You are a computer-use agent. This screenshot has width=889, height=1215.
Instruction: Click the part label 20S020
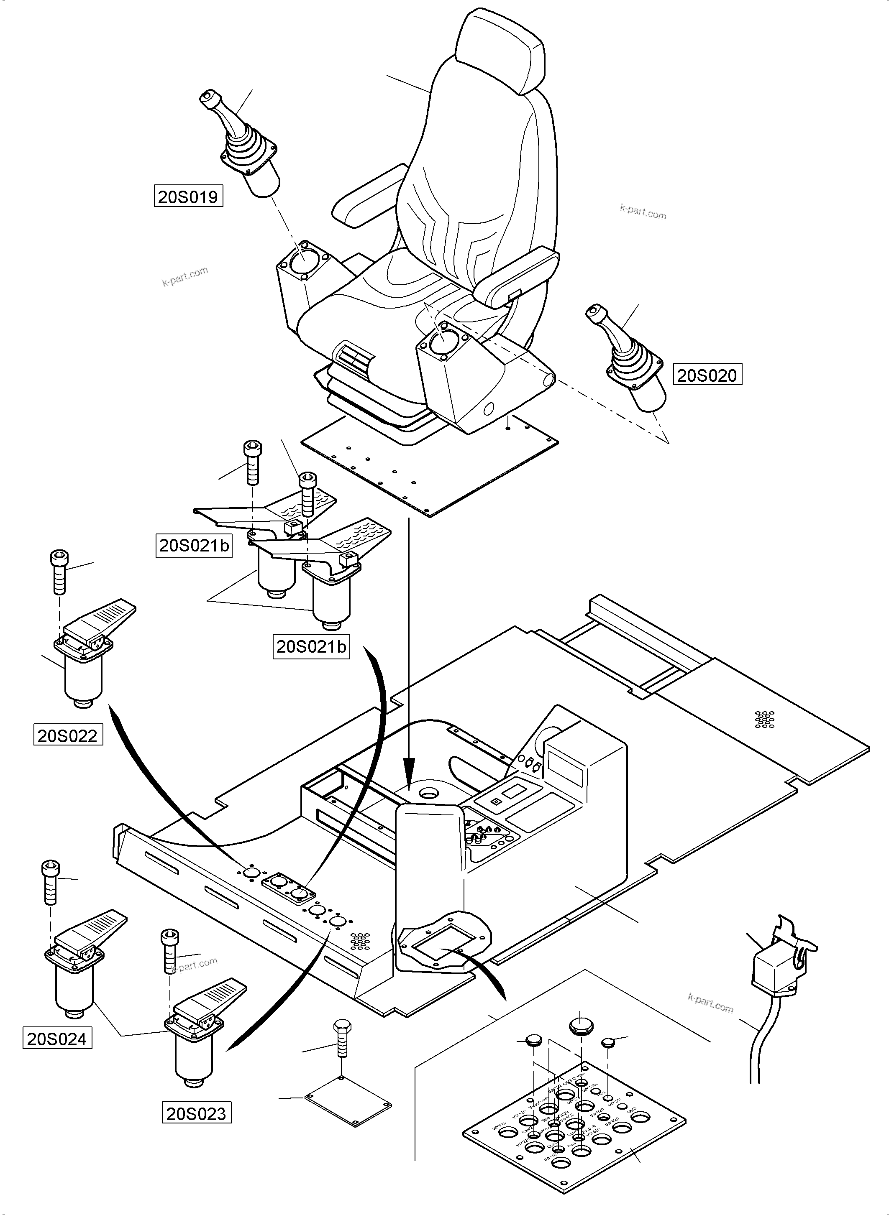707,375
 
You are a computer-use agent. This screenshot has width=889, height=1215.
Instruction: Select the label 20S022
68,735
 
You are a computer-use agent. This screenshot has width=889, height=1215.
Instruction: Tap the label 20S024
57,1039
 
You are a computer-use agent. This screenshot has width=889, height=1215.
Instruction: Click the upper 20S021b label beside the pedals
194,545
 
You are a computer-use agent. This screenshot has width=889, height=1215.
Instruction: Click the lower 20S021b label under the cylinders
311,646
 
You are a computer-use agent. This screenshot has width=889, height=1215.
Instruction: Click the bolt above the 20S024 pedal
50,883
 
